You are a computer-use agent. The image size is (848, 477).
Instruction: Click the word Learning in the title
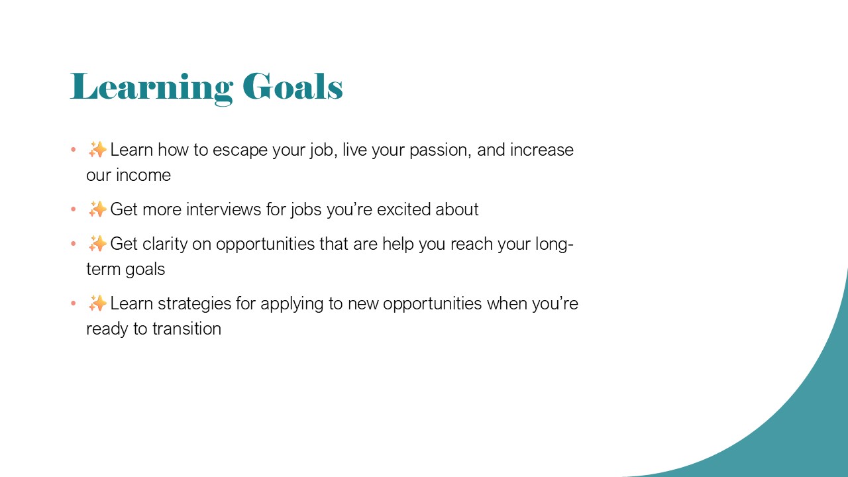152,89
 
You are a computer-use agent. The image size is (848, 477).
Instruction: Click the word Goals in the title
293,86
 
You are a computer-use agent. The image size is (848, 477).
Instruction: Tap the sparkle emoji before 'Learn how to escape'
97,150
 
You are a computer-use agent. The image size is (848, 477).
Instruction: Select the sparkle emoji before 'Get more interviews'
97,209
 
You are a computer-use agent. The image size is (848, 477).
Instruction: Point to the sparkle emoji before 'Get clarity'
97,244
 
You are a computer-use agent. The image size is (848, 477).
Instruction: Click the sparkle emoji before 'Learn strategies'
97,303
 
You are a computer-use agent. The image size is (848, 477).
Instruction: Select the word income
143,176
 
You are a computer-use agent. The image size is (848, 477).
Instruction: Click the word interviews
223,209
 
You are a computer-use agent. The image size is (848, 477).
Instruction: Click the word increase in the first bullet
542,150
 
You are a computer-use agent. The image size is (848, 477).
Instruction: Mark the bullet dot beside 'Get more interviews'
74,209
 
